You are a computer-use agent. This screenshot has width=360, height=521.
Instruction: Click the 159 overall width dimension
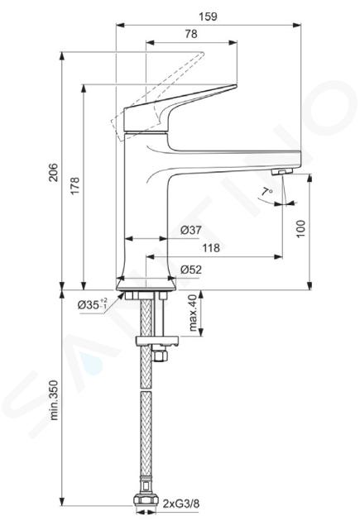[x=209, y=17]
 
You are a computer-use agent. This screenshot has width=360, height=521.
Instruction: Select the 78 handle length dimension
[x=191, y=34]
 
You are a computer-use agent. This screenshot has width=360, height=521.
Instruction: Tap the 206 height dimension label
[x=54, y=172]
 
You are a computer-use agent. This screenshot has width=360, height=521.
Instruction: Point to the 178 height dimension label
[x=75, y=185]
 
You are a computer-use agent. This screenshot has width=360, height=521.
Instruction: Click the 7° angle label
[x=266, y=192]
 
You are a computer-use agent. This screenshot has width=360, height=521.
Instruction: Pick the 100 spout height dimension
[x=300, y=228]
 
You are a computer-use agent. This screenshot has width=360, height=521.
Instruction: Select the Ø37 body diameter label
[x=191, y=230]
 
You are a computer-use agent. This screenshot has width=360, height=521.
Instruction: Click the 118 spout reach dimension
[x=211, y=248]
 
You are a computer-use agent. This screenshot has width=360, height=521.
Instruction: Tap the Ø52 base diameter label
[x=191, y=270]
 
